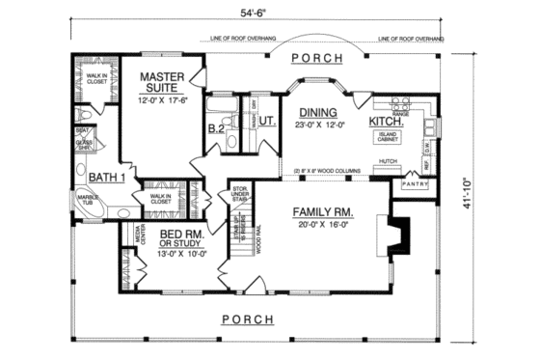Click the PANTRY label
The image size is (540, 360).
click(415, 182)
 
